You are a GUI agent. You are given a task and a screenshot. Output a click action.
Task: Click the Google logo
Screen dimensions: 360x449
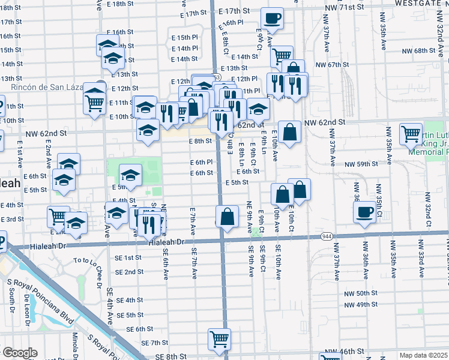[19, 353]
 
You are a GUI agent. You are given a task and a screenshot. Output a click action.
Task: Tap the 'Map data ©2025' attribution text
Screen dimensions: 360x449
[423, 355]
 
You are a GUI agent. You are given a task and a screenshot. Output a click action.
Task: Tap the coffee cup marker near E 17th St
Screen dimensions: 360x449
[273, 19]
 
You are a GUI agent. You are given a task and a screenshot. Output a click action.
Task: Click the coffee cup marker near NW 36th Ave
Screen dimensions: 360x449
[364, 211]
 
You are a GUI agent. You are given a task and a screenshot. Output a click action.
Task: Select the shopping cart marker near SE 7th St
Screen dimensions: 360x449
[220, 339]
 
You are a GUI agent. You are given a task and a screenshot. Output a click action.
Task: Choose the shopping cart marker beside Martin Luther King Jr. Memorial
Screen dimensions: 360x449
[411, 134]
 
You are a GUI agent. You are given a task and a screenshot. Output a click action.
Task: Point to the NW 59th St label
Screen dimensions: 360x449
[361, 164]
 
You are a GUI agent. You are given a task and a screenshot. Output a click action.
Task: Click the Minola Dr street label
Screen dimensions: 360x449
[76, 343]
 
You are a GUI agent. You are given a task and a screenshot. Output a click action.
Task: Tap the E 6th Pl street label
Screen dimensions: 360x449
[201, 162]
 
